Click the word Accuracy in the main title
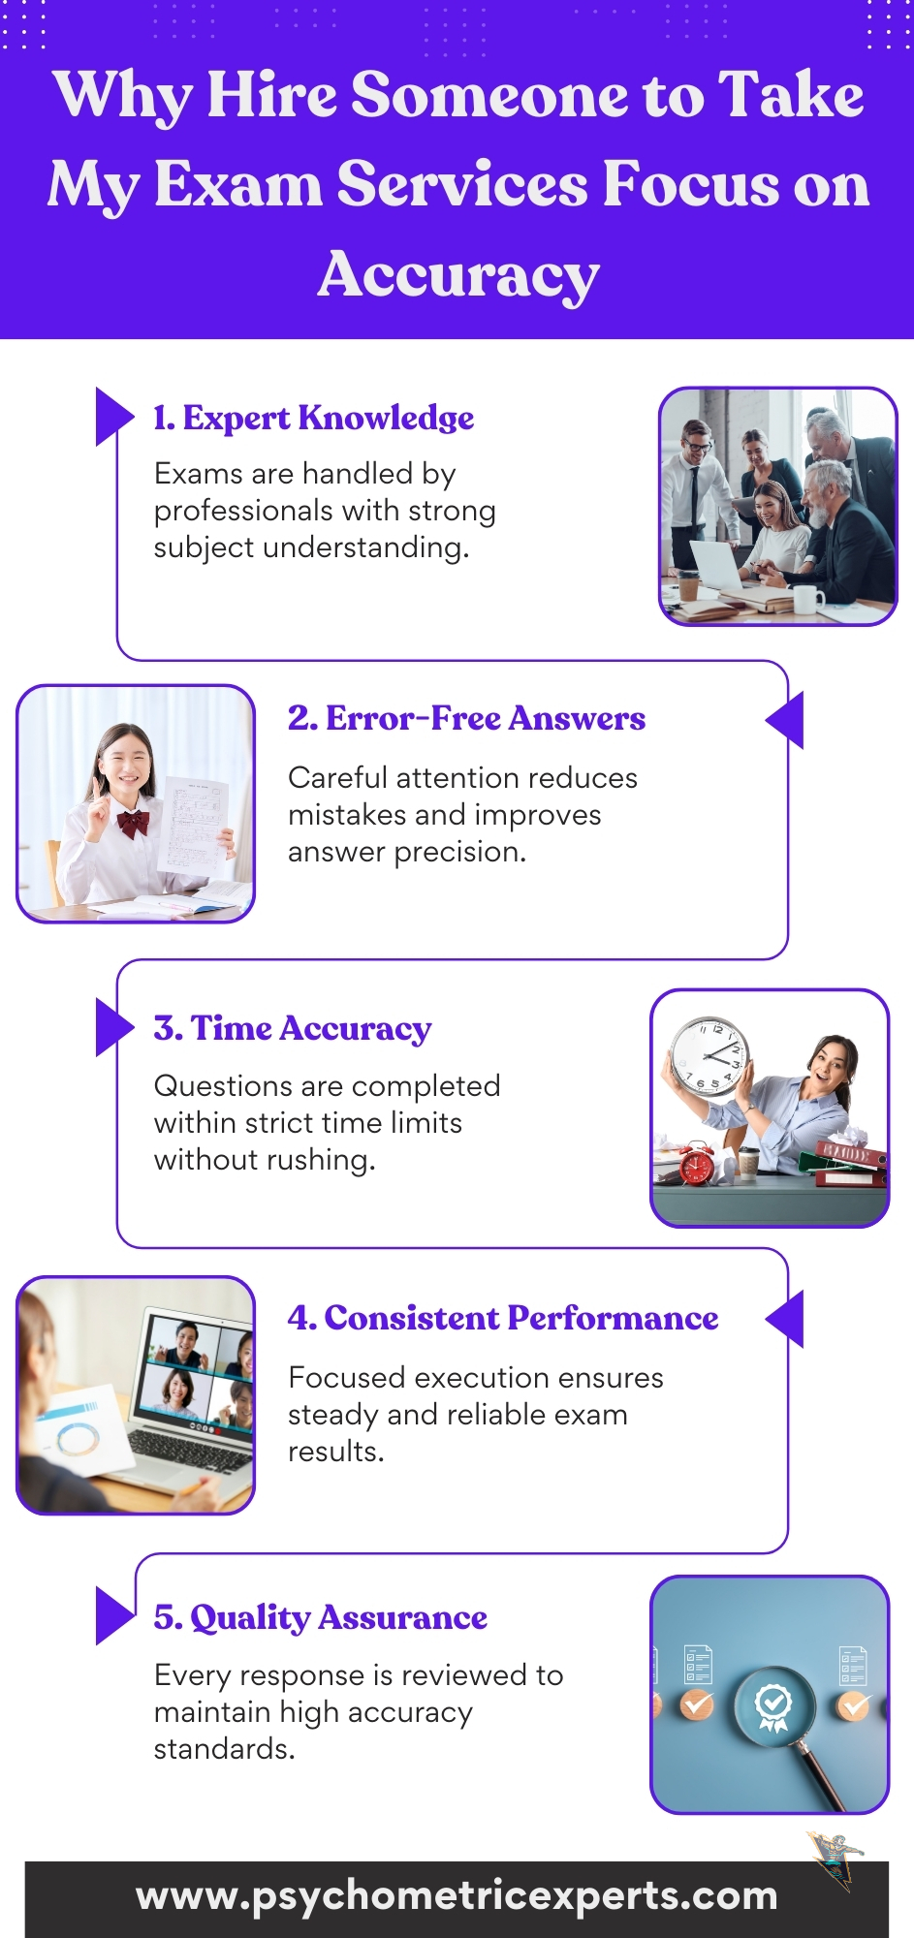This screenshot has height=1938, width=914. (x=458, y=275)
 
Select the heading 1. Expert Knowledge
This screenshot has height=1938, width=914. (x=314, y=418)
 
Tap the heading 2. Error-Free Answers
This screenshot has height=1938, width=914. (x=466, y=718)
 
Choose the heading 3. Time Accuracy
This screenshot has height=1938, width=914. (x=293, y=1028)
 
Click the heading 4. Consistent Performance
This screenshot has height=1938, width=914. (x=503, y=1318)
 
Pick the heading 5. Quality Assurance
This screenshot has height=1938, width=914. (x=321, y=1617)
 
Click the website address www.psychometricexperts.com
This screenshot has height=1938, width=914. (x=457, y=1895)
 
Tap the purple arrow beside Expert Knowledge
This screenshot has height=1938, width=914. (x=114, y=417)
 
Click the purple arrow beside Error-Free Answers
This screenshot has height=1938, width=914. (x=784, y=720)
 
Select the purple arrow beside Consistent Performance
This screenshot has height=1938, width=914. (x=784, y=1319)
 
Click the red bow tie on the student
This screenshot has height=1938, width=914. (x=133, y=824)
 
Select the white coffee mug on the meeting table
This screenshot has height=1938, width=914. (x=806, y=601)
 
